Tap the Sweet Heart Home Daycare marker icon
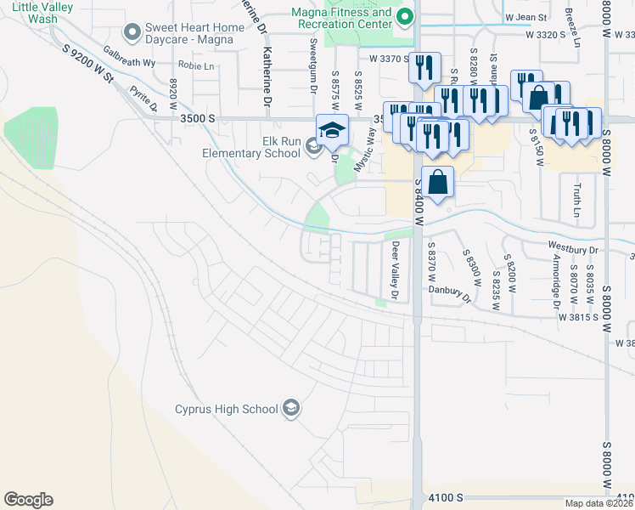[132, 33]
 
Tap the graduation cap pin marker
[332, 130]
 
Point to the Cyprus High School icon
[291, 409]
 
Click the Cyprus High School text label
[227, 410]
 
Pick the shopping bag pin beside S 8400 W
[437, 182]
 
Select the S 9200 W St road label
[87, 65]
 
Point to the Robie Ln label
[195, 65]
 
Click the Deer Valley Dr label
[395, 269]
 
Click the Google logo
[28, 500]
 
